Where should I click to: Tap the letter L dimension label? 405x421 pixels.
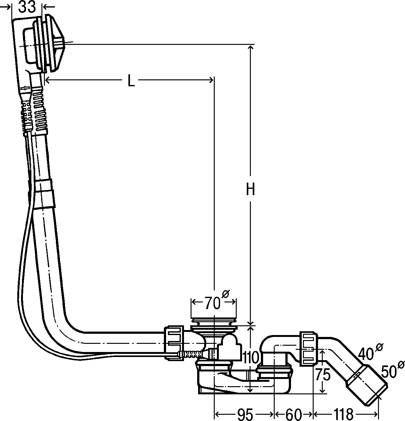point(131,81)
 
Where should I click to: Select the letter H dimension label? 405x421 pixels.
point(250,189)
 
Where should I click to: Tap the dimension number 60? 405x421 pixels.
point(294,414)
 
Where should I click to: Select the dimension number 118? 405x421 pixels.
point(343,414)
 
